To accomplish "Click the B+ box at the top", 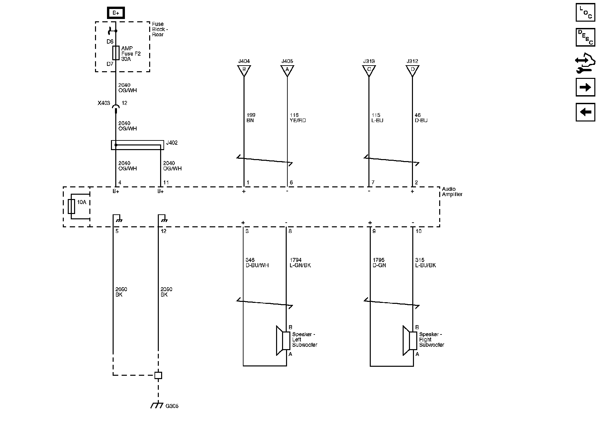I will [116, 13].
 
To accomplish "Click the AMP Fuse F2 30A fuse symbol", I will [116, 53].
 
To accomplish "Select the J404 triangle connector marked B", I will [244, 70].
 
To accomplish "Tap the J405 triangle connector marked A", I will [287, 70].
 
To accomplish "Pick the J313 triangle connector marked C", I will [369, 70].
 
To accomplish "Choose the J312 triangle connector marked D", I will [412, 70].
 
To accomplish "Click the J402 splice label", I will [172, 143].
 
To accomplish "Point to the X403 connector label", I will [104, 103].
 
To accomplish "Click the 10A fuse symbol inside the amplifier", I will [71, 206].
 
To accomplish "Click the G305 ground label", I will [172, 406].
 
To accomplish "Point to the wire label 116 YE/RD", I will [298, 118].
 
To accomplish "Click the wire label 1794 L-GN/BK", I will [300, 263].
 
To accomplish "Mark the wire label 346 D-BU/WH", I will [257, 263].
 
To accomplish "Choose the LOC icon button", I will [585, 13].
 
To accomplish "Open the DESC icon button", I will [585, 37].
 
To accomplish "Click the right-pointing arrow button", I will [585, 87].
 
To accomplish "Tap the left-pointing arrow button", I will [585, 112].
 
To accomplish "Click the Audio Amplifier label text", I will [452, 192].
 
